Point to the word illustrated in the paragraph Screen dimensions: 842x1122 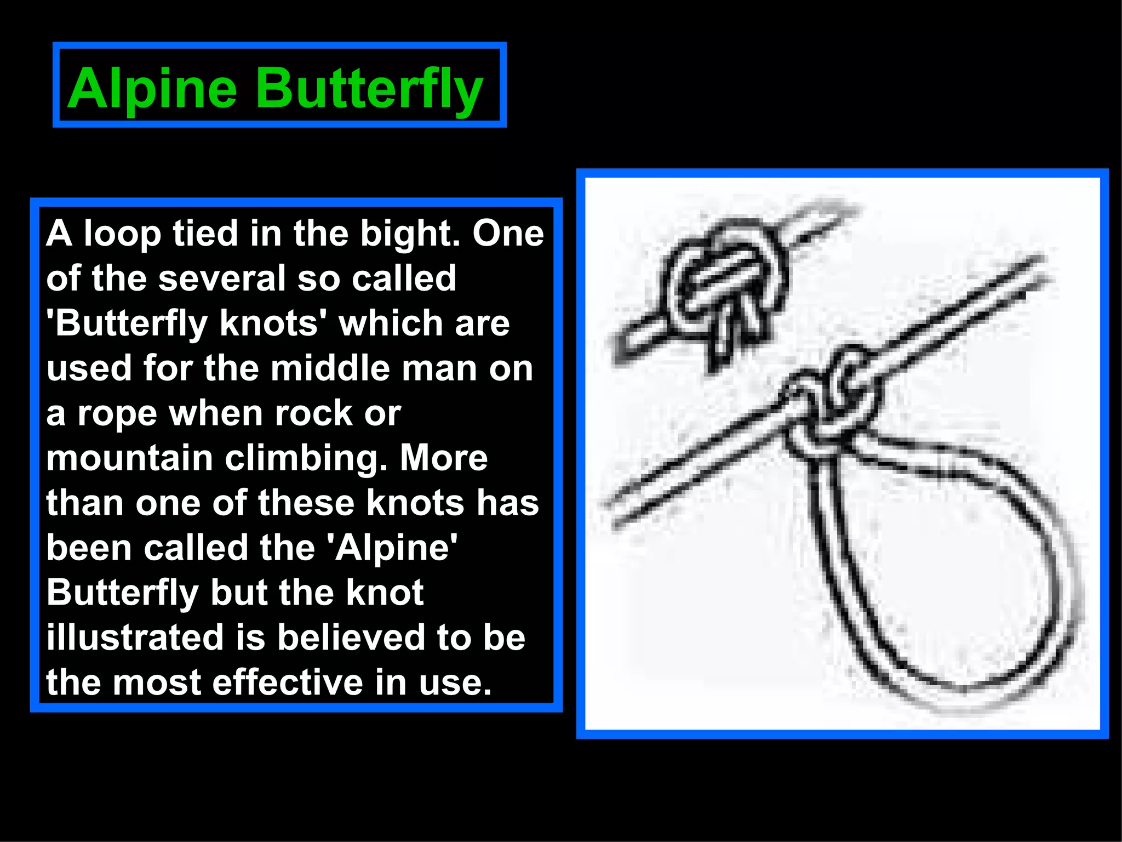(135, 638)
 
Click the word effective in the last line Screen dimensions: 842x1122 (288, 683)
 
